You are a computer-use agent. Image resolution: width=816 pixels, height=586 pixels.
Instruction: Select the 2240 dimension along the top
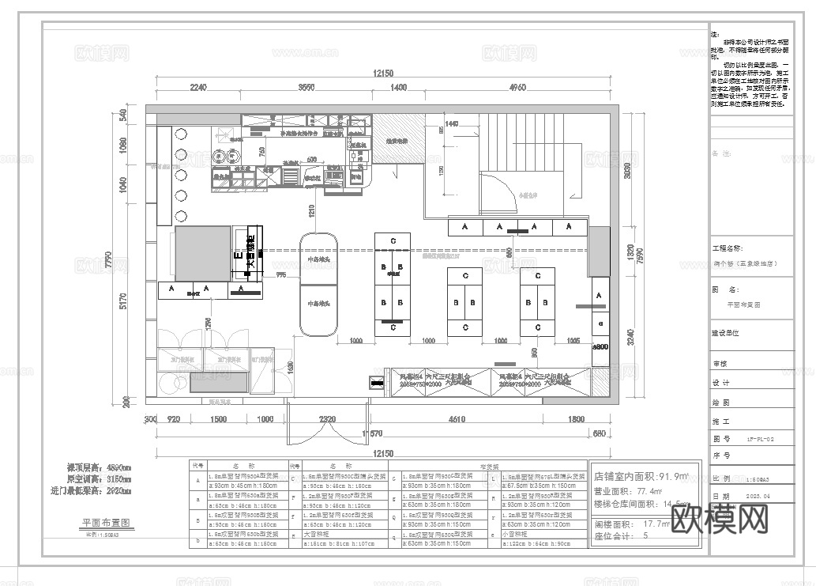[x=197, y=87]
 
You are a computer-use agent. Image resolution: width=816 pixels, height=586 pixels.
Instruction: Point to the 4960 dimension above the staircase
[x=517, y=87]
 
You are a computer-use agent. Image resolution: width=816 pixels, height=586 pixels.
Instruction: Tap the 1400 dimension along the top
[x=398, y=87]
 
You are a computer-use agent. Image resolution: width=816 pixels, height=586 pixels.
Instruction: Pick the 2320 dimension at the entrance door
[x=328, y=419]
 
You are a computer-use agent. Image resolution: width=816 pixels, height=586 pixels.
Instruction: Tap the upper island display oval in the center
[x=318, y=258]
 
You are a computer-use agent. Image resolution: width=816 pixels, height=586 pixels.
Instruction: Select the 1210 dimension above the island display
[x=311, y=210]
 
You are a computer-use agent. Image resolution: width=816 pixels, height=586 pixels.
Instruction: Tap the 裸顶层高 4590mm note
[x=99, y=467]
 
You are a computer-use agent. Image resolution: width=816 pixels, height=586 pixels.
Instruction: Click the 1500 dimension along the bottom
[x=219, y=419]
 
